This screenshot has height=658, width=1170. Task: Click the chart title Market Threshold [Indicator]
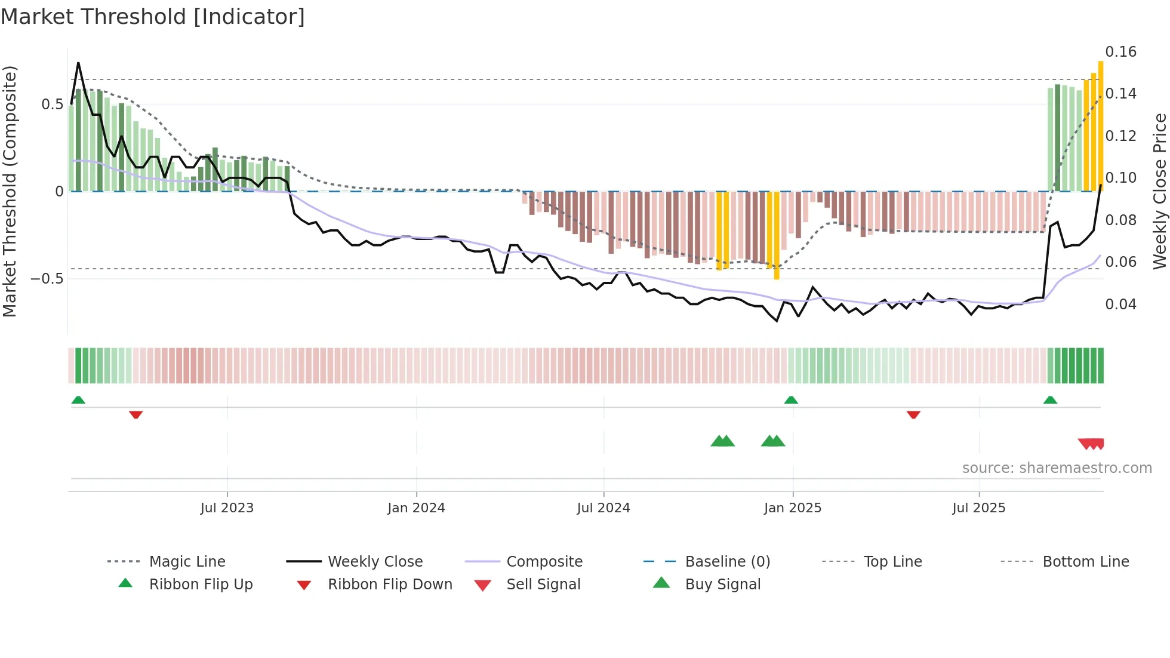(x=153, y=17)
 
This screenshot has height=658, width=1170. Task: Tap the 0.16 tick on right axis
(x=1120, y=52)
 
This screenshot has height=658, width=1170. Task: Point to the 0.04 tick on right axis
(x=1120, y=305)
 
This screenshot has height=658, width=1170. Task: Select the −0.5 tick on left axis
(x=47, y=279)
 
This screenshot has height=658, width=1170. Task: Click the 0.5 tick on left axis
(x=52, y=104)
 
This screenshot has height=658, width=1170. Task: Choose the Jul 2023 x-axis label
(x=227, y=508)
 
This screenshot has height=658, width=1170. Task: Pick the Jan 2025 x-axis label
(x=792, y=508)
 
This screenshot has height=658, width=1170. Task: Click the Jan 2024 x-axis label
(x=416, y=508)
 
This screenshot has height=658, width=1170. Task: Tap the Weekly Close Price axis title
(x=1159, y=191)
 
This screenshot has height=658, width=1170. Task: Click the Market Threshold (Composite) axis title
(x=10, y=191)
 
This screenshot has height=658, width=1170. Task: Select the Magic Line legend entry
(x=187, y=562)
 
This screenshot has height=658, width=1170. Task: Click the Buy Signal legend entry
(x=722, y=585)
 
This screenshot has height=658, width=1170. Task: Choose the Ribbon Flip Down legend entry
(x=390, y=585)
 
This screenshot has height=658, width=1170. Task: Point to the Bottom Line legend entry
(x=1085, y=562)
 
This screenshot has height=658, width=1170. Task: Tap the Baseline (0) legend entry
(x=727, y=562)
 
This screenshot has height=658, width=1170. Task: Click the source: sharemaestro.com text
(x=1057, y=468)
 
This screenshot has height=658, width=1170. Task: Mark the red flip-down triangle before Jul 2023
(x=136, y=414)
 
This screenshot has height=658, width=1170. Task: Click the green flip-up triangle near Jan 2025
(x=791, y=399)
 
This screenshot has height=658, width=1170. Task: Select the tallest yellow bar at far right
(x=1101, y=125)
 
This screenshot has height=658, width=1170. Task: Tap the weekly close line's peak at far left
(x=78, y=63)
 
